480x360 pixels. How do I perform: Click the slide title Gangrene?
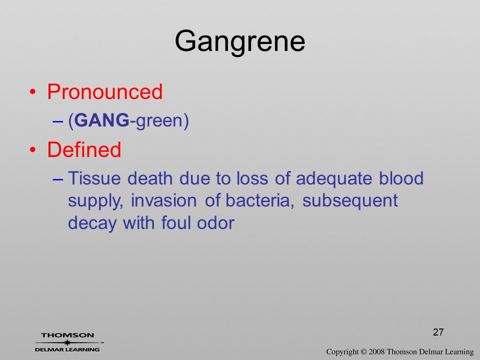coord(240,42)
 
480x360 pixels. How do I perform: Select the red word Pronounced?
coord(104,91)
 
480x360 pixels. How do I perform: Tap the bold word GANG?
coord(101,120)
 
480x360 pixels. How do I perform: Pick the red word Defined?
coord(84,149)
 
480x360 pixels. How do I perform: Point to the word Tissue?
coord(94,178)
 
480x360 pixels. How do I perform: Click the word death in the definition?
coord(150,178)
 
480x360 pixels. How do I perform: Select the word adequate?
coord(334,179)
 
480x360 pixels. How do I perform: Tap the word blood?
coord(401,178)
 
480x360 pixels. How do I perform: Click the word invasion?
coord(164,201)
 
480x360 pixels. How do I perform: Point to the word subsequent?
coord(350,201)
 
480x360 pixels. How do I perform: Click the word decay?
coord(92,223)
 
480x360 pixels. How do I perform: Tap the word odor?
coord(216,223)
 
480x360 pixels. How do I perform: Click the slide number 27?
coord(438,332)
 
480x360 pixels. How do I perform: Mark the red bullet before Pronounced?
coord(33,92)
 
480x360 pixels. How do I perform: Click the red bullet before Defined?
coord(33,150)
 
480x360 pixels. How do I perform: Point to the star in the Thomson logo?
coord(67,342)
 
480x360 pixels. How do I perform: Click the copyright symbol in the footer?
coord(363,352)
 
